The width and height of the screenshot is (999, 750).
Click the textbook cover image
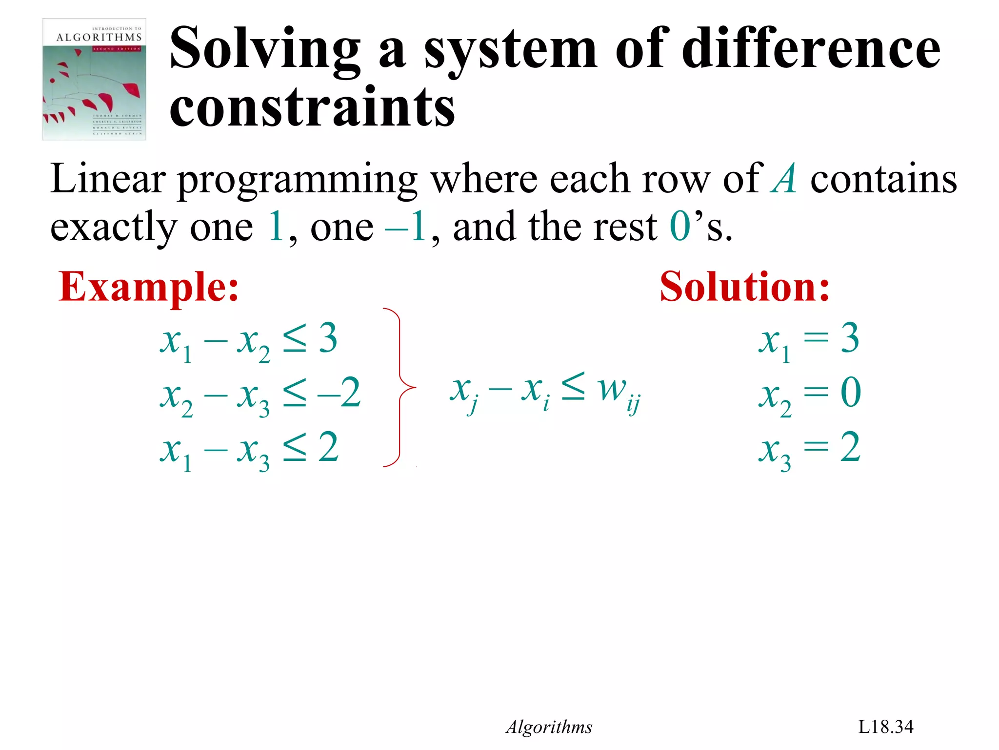94,79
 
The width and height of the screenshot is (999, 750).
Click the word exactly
114,228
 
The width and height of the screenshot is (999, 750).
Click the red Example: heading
148,287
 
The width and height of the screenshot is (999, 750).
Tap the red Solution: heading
744,287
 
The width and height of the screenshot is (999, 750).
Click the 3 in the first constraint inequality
328,338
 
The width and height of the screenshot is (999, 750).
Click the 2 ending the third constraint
329,447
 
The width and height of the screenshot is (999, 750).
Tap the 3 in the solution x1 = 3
850,338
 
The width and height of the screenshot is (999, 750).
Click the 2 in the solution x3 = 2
850,447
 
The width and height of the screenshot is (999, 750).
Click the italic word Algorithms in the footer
549,727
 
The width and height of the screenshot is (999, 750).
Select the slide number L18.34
885,727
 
